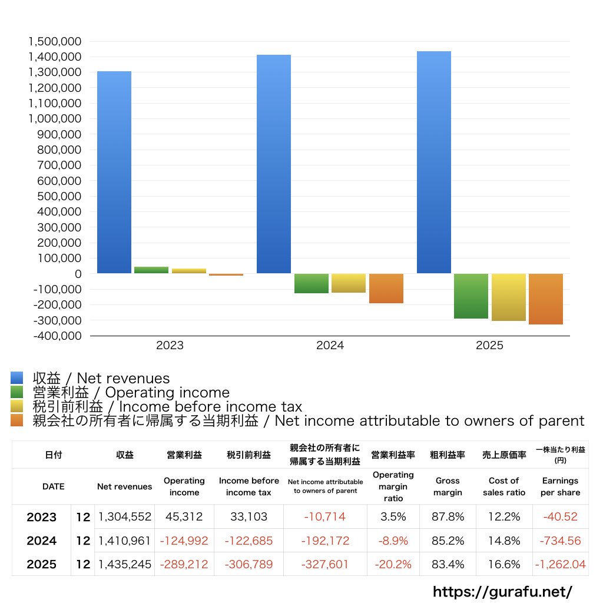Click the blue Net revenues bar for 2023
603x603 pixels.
tap(114, 172)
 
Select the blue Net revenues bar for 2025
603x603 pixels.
tap(434, 163)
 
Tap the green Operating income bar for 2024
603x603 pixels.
tap(312, 283)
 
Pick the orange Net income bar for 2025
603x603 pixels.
tap(546, 299)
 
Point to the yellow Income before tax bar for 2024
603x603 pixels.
tap(349, 283)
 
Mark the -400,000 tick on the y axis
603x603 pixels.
tap(57, 336)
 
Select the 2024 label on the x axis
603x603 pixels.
tap(330, 346)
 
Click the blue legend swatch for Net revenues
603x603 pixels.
tap(17, 378)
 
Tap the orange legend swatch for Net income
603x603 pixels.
tap(17, 420)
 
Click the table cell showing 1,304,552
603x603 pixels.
tap(124, 517)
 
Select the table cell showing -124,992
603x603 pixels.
tap(184, 541)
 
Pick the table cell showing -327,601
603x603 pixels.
tap(325, 564)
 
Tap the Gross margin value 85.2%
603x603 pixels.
tap(448, 541)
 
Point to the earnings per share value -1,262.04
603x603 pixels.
tap(560, 564)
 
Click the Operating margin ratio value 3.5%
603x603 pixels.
tap(393, 517)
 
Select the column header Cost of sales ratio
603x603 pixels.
tap(504, 486)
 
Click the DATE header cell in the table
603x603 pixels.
tap(54, 486)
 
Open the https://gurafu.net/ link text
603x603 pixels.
tap(502, 591)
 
